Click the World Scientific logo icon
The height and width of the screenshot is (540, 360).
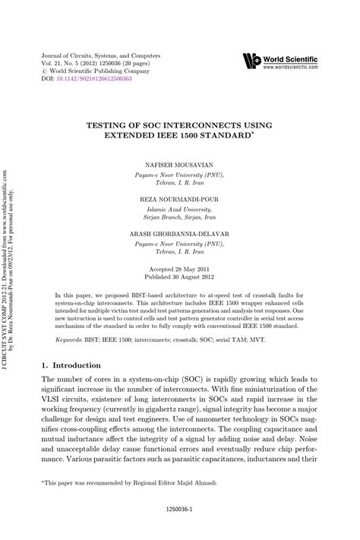point(251,61)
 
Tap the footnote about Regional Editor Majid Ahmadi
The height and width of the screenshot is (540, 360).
point(129,482)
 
